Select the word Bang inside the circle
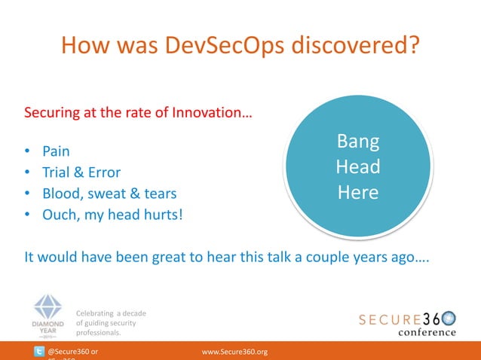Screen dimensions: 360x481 357,142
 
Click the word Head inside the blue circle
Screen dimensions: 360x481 357,166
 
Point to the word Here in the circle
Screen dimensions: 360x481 357,192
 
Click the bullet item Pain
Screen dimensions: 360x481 56,151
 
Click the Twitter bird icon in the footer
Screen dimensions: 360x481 38,352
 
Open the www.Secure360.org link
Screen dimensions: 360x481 235,352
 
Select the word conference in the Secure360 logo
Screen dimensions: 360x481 427,332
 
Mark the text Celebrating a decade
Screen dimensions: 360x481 111,313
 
